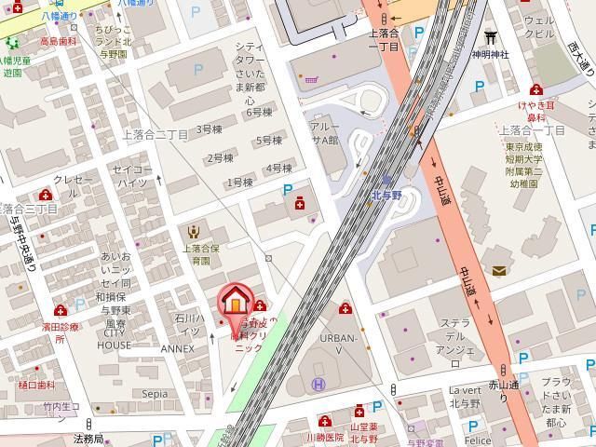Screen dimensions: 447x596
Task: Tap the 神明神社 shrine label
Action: pyautogui.click(x=490, y=54)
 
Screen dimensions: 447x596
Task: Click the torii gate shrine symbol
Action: pyautogui.click(x=490, y=37)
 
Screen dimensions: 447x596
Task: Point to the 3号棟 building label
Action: pyautogui.click(x=209, y=129)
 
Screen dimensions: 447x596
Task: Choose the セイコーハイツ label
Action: pyautogui.click(x=131, y=176)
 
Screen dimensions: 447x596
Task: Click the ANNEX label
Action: pyautogui.click(x=177, y=348)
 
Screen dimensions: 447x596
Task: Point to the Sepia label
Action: pyautogui.click(x=155, y=394)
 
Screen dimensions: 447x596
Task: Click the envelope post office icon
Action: pyautogui.click(x=499, y=271)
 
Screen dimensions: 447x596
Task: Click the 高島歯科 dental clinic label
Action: pyautogui.click(x=57, y=42)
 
